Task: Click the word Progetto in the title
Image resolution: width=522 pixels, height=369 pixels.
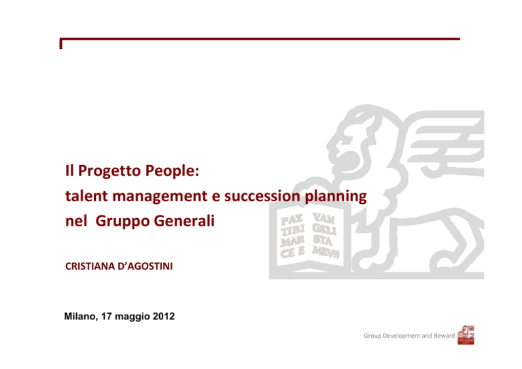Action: coord(110,171)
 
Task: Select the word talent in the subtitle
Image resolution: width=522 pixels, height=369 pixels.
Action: coord(86,196)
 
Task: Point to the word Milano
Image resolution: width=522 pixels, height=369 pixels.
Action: coord(81,317)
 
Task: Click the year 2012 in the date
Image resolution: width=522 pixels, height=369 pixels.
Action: coord(164,316)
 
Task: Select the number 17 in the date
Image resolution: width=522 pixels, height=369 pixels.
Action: coord(107,316)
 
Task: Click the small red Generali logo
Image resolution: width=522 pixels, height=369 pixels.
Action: coord(466,335)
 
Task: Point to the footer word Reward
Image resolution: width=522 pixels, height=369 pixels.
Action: coord(444,336)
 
